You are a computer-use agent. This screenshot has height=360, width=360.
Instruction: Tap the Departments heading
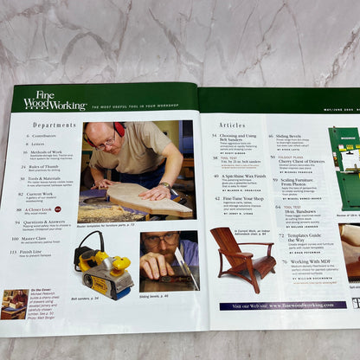point(54,125)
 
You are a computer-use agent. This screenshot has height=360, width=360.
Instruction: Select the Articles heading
point(232,124)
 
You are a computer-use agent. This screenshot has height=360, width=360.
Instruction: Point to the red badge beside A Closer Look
point(58,209)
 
